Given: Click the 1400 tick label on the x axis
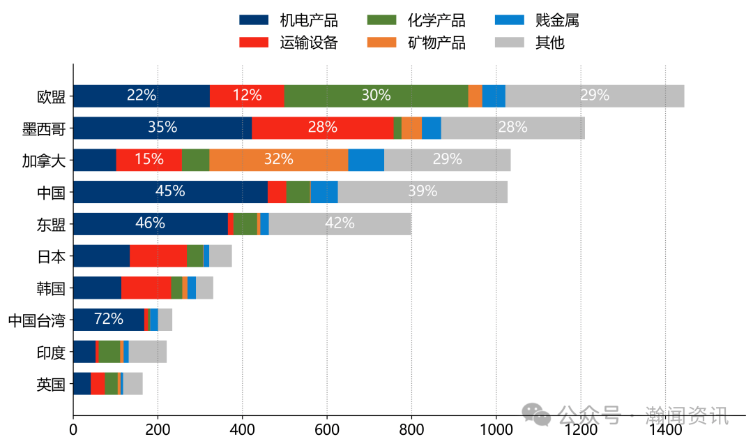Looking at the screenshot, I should click(665, 431).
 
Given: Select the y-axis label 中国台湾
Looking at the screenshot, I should click(36, 320).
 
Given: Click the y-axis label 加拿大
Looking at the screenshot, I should click(44, 161).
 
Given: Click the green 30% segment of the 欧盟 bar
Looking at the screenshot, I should click(376, 96).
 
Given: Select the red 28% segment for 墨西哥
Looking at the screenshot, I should click(322, 128).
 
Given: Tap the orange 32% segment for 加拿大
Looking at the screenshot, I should click(278, 160).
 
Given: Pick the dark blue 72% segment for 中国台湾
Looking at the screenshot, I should click(109, 320).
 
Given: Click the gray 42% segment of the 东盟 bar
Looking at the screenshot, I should click(340, 224).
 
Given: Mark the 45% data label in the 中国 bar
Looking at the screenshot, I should click(170, 191).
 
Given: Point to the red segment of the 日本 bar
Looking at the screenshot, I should click(158, 256).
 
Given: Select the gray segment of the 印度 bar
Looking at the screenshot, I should click(147, 352).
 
